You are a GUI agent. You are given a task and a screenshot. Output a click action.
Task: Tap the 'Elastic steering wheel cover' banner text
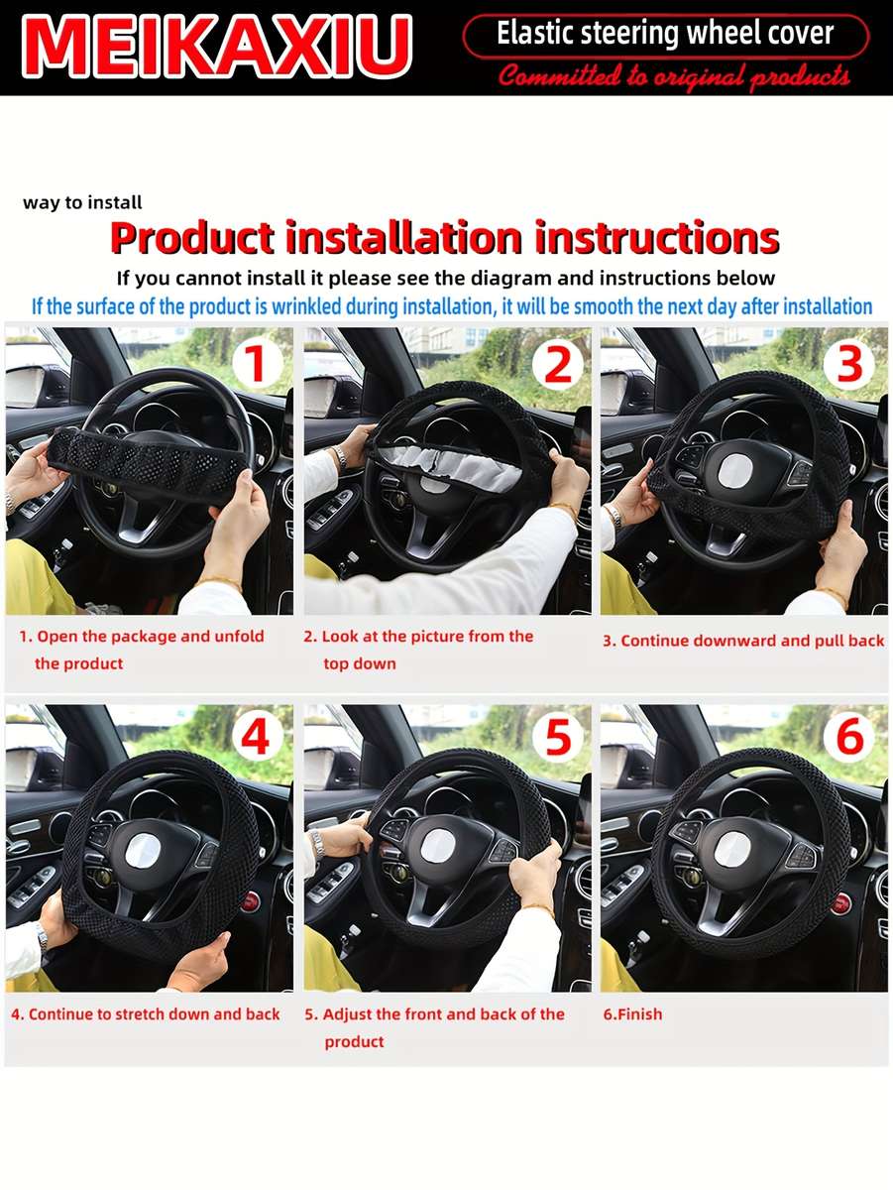click(x=665, y=36)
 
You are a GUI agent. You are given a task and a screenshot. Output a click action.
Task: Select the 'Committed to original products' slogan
click(x=674, y=76)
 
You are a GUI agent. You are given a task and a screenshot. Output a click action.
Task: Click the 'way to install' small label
click(x=82, y=202)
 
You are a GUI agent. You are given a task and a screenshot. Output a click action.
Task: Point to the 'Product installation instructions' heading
click(x=444, y=239)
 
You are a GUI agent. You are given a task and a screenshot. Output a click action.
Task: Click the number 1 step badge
click(x=257, y=364)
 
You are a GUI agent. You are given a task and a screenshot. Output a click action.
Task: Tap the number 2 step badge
click(x=558, y=365)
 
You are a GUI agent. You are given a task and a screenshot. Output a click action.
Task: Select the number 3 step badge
click(x=849, y=365)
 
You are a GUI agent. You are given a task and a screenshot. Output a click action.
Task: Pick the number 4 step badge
click(x=257, y=739)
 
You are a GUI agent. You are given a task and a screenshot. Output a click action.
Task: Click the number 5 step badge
click(x=558, y=739)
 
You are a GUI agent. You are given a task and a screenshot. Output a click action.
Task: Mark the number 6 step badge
click(x=849, y=739)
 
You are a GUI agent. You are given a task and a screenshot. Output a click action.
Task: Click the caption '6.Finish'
click(x=632, y=1014)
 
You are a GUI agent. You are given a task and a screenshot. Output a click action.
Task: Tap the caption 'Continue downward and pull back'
click(x=743, y=641)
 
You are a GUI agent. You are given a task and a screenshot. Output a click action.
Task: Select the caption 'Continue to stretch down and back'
click(x=146, y=1014)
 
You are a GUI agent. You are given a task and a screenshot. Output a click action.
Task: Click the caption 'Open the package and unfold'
click(x=142, y=637)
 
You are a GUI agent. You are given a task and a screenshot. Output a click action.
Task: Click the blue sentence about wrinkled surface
click(x=452, y=306)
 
